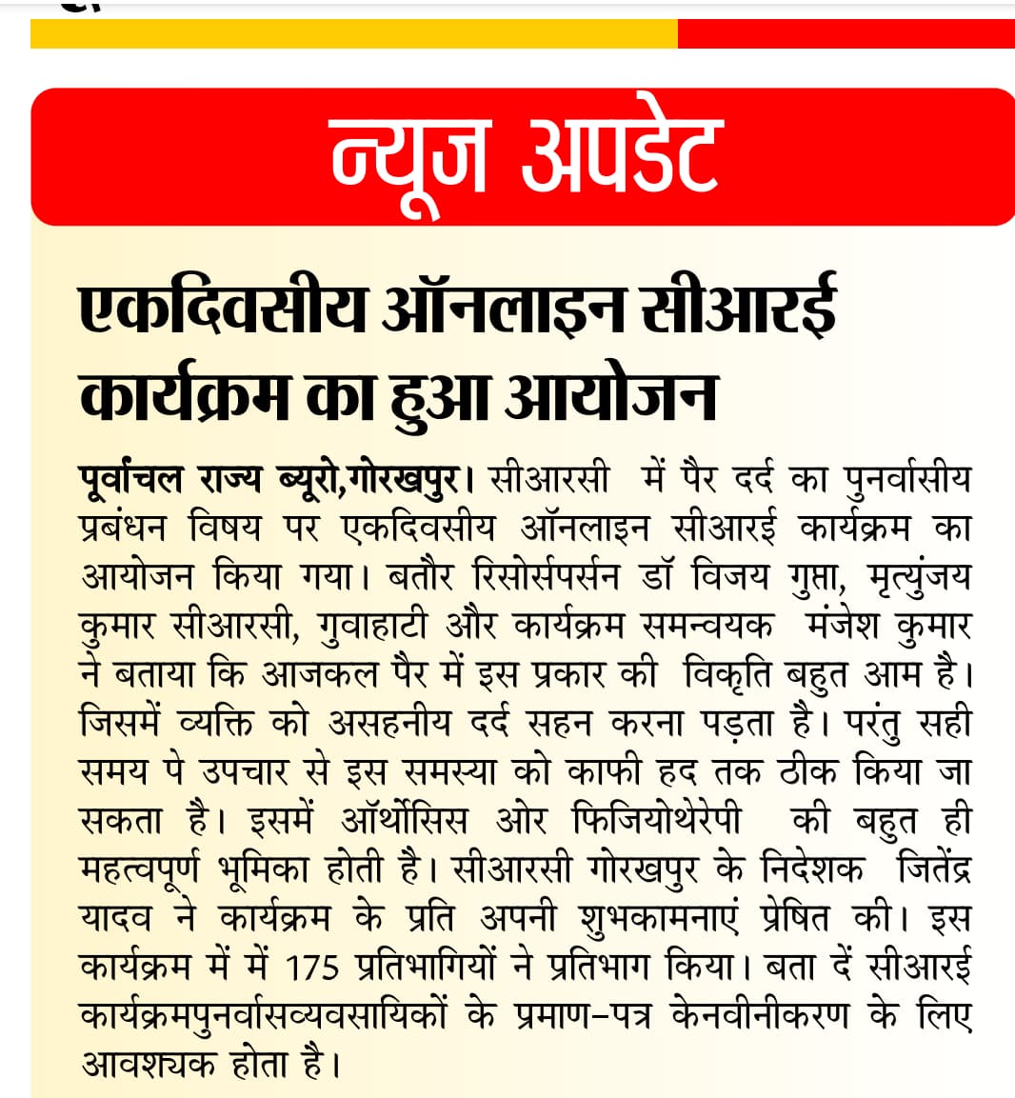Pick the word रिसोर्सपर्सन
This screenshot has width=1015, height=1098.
[x=546, y=576]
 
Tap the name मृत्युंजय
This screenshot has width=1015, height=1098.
[x=919, y=576]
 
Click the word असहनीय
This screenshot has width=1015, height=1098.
[x=389, y=724]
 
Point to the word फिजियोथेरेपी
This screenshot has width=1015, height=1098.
[x=657, y=821]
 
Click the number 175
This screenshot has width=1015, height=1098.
[x=312, y=968]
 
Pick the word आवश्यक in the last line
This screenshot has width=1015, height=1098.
[x=148, y=1065]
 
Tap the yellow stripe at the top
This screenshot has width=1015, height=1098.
[x=353, y=34]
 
